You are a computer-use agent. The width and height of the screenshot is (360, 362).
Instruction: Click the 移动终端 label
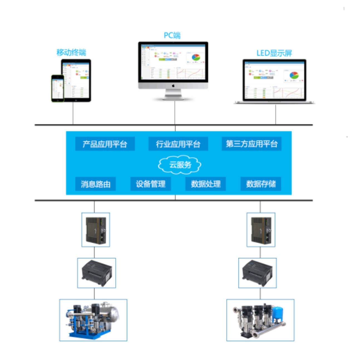coord(71,52)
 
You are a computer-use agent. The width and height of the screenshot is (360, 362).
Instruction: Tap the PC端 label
coord(172,35)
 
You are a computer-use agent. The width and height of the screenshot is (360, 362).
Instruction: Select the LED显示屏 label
coord(274,53)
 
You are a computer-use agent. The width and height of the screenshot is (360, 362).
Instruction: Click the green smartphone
coord(58,88)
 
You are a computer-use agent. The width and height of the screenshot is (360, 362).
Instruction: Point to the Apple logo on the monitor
coord(173,86)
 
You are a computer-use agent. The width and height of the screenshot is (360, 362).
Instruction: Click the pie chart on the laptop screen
coord(294,75)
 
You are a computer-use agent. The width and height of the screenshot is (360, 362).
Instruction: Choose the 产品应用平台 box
coord(105,144)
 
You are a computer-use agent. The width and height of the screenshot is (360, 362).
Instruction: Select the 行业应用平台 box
coord(178,144)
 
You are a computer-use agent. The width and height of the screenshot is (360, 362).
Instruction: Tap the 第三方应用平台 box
coord(251,144)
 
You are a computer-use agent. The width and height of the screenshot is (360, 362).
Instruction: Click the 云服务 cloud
coord(180,165)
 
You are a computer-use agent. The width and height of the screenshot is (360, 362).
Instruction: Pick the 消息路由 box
coord(95,184)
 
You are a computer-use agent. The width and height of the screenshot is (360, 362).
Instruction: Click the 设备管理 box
coord(151,184)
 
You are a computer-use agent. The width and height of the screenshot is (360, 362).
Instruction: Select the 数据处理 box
coord(206,184)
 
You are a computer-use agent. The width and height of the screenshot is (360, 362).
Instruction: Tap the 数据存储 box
coord(261,184)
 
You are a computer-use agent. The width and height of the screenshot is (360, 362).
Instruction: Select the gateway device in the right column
coord(261,230)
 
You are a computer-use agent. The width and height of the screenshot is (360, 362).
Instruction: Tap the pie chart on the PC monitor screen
coord(196,58)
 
